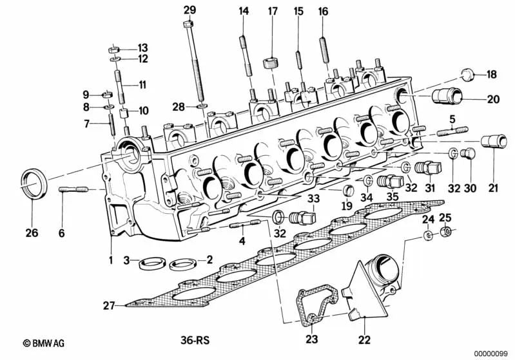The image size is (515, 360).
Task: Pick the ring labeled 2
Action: coord(182,262)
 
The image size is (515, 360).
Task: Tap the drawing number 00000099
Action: coord(492,352)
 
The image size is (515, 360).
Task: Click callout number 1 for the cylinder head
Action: coord(110,260)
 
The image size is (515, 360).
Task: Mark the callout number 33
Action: coord(313,199)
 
